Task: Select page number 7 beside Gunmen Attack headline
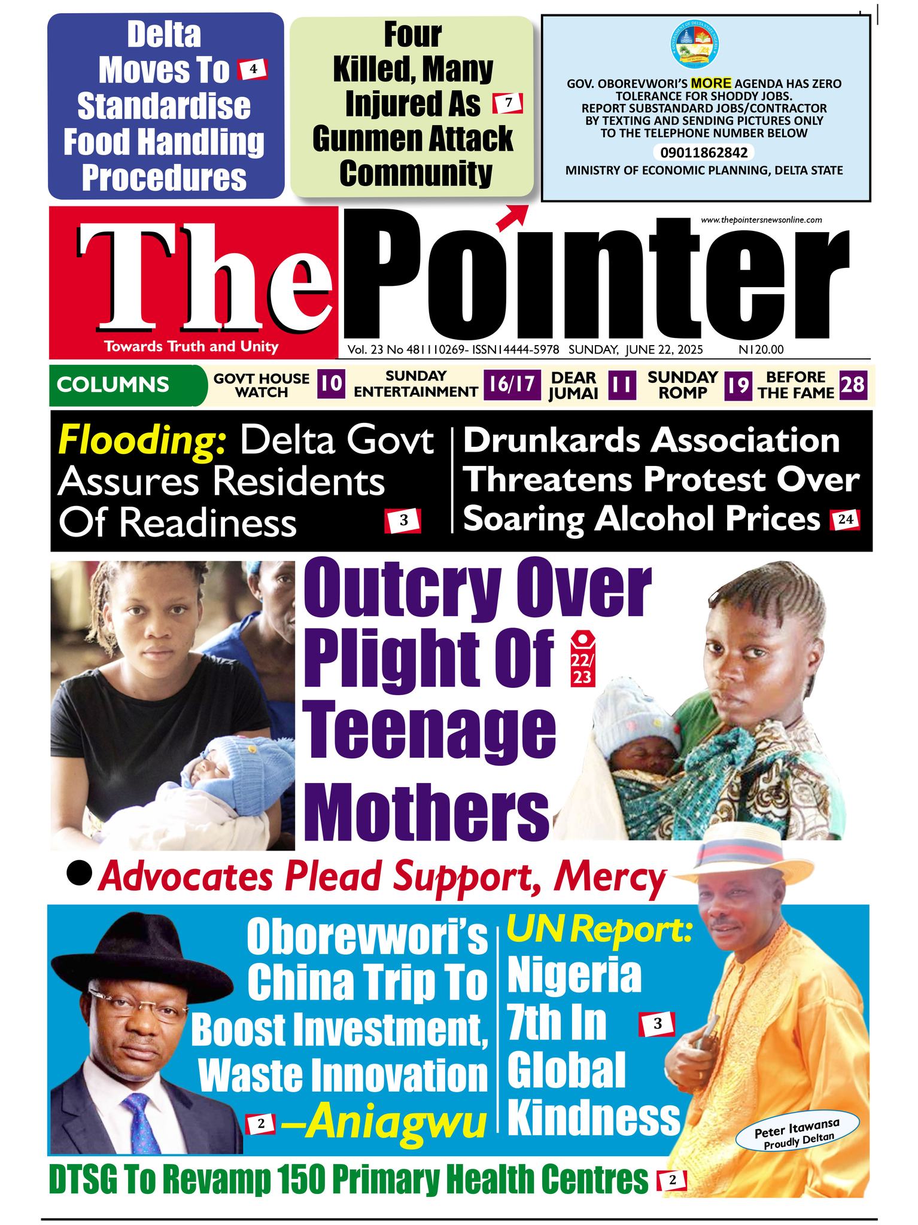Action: pyautogui.click(x=508, y=103)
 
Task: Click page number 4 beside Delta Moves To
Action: pyautogui.click(x=253, y=70)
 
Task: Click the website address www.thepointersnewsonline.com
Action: pyautogui.click(x=761, y=220)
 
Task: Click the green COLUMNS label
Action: pyautogui.click(x=114, y=384)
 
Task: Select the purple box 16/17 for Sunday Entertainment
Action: pyautogui.click(x=512, y=385)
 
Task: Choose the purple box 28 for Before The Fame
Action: pyautogui.click(x=852, y=385)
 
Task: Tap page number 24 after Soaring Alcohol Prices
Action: pyautogui.click(x=845, y=520)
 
